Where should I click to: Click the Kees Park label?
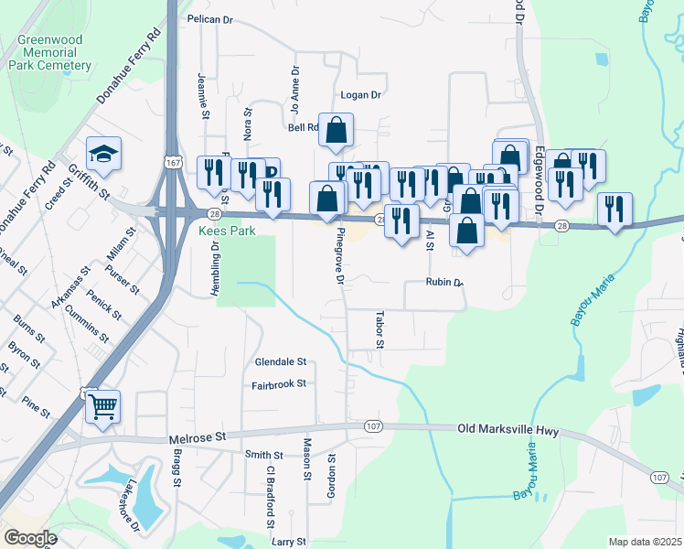pos(223,231)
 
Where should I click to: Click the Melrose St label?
pos(197,439)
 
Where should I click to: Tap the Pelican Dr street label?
pos(211,18)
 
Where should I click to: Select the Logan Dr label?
pos(360,94)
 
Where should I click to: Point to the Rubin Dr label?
pos(445,283)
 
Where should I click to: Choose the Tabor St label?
pos(379,329)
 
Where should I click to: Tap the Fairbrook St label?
pos(279,384)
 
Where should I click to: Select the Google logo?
pos(30,538)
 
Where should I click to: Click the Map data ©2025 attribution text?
pos(645,542)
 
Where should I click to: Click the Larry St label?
pos(288,542)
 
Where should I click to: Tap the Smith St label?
pos(263,455)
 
